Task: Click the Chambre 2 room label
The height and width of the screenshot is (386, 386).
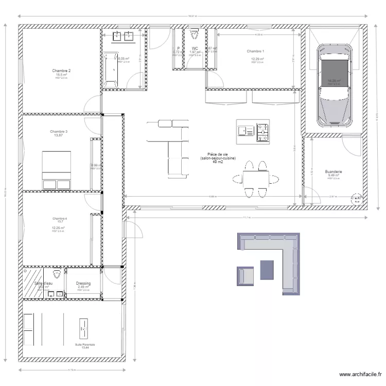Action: point(61,71)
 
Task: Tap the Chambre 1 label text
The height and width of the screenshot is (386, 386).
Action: point(255,51)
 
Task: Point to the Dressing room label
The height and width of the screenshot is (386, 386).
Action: point(83,283)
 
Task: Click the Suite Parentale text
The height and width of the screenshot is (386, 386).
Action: point(85,344)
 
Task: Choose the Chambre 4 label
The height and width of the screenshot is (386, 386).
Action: point(59,218)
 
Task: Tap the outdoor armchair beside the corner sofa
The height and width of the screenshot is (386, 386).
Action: point(245,276)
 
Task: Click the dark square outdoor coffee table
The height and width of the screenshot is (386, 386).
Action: point(268,270)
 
